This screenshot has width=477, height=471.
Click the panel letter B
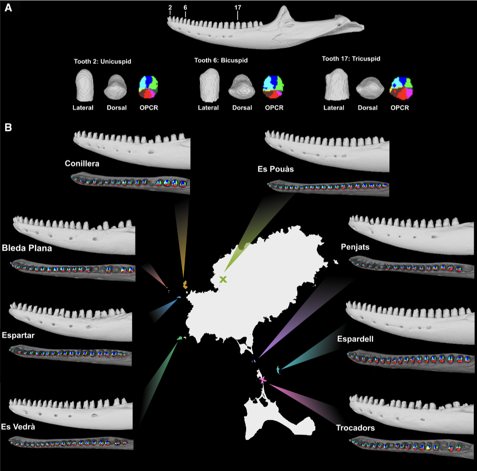(8, 127)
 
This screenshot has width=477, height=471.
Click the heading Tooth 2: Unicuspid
(102, 61)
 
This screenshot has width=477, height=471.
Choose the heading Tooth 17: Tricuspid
(351, 59)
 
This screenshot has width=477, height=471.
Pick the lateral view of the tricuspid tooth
(336, 85)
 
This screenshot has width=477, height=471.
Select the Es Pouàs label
(276, 169)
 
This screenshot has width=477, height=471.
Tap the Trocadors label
(355, 428)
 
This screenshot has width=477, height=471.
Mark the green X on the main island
(223, 279)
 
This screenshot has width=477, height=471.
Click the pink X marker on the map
(262, 379)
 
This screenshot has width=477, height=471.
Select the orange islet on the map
(185, 284)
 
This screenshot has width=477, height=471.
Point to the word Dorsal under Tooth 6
(242, 108)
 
